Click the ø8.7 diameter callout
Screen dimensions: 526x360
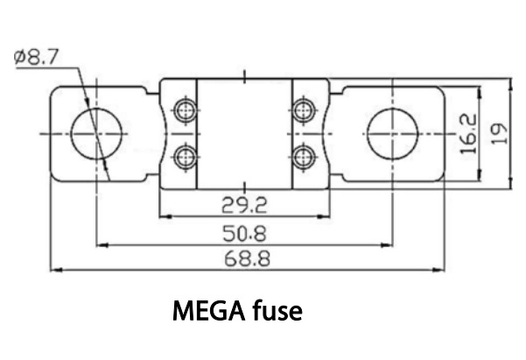tap(36, 57)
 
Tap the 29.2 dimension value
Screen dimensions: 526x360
tap(244, 205)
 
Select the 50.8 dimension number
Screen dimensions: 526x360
tap(244, 233)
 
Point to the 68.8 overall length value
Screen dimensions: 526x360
tap(247, 259)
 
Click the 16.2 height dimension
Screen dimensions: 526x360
tap(468, 134)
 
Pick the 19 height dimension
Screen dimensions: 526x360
tap(499, 134)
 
